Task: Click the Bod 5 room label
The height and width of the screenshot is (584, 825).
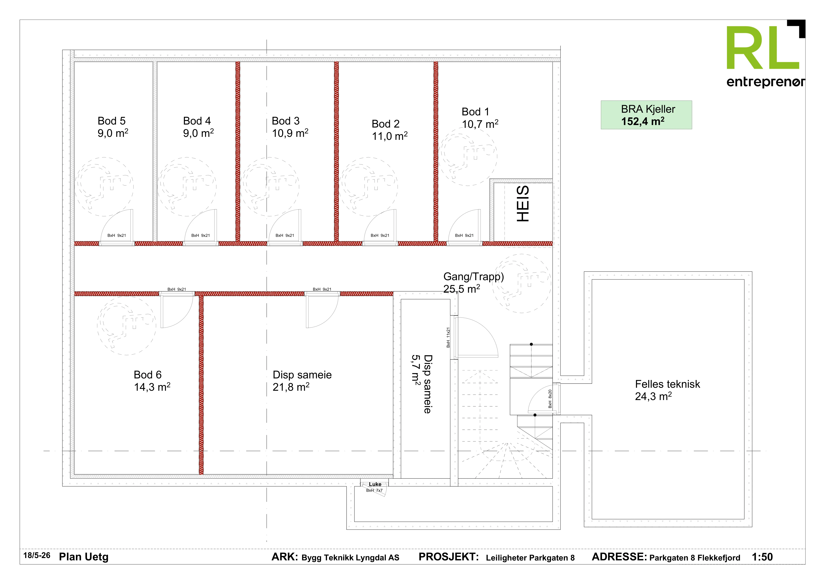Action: pos(112,121)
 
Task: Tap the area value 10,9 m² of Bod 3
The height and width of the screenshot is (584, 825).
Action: pos(290,133)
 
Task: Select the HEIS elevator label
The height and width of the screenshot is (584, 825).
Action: pos(523,204)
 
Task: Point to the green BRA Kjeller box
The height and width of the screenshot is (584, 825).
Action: pos(646,115)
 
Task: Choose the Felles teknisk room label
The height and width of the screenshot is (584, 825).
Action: pos(667,384)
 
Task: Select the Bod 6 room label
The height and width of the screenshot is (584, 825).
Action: pos(148,375)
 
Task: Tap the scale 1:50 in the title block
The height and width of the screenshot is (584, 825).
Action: pos(762,557)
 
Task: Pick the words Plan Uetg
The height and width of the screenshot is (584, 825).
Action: pos(84,557)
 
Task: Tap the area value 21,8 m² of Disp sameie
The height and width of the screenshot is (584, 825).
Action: pos(291,387)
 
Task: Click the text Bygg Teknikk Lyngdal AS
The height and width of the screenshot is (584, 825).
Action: pos(350,558)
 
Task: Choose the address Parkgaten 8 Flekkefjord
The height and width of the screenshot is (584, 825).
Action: pos(695,558)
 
